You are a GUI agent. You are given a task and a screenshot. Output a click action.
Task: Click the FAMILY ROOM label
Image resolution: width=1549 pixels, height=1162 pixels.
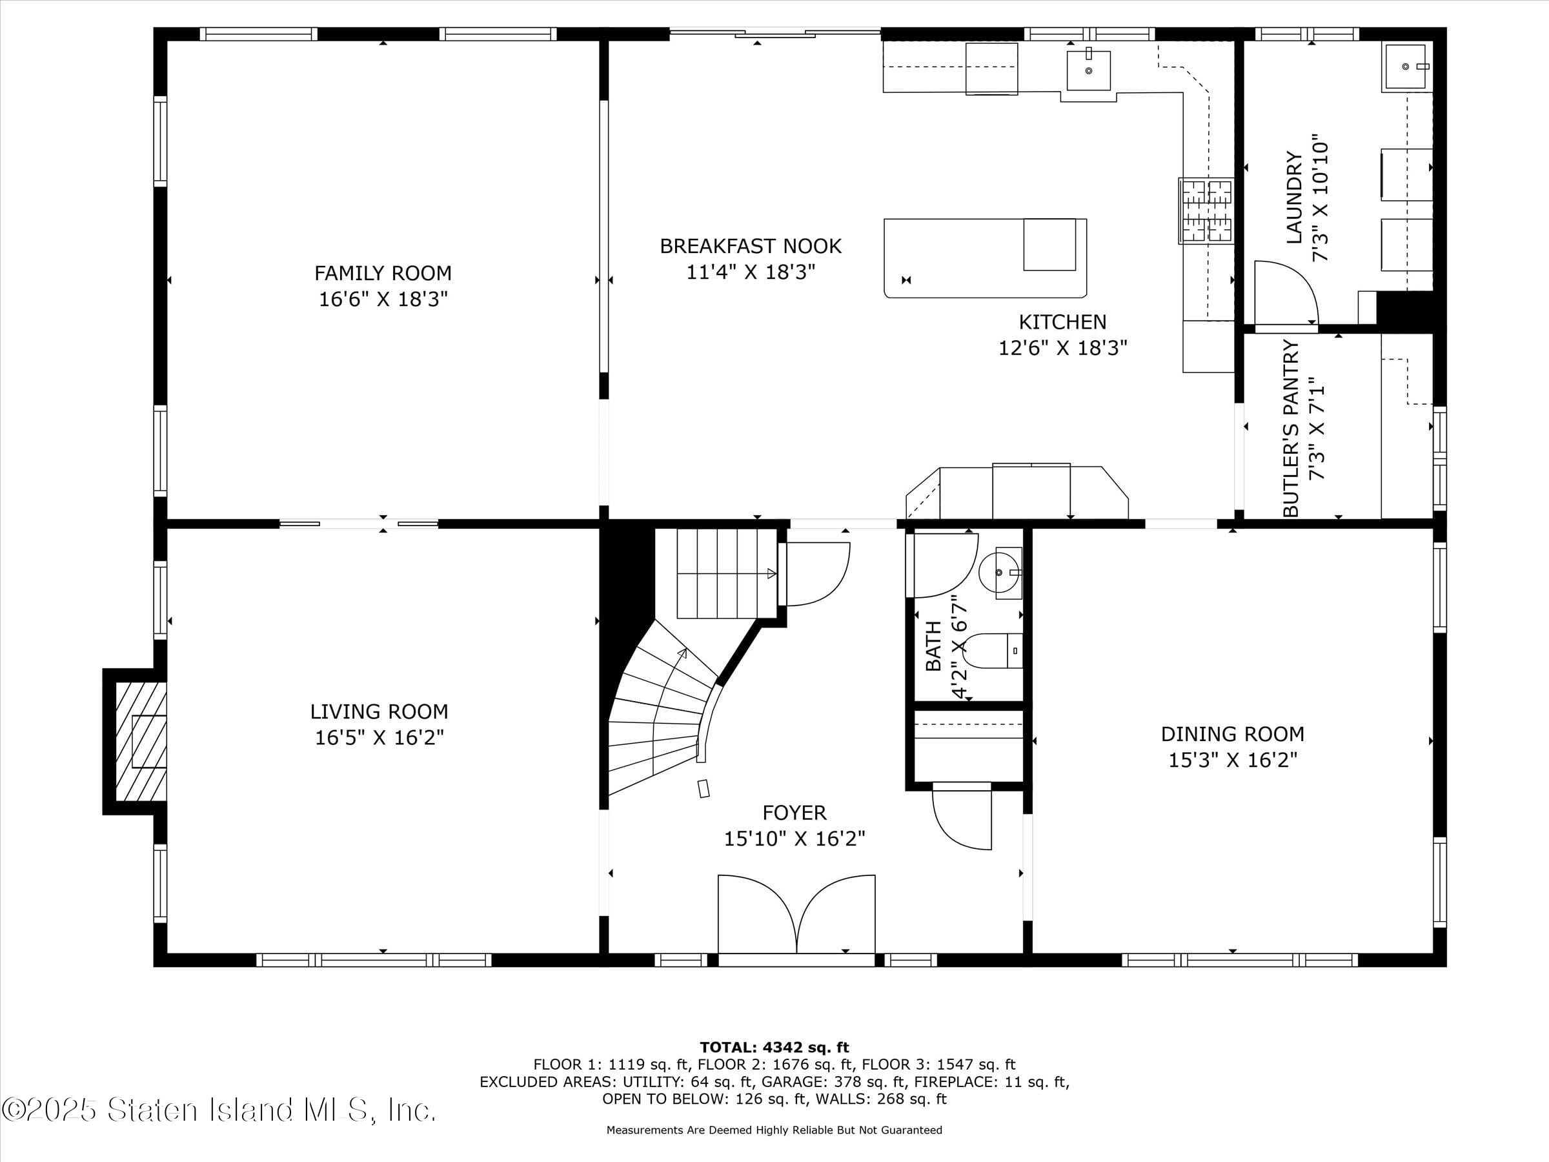pyautogui.click(x=382, y=273)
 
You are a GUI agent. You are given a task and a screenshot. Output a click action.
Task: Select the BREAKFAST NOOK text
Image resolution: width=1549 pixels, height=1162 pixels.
pyautogui.click(x=750, y=247)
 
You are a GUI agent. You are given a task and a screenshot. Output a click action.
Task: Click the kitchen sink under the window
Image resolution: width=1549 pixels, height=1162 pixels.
pyautogui.click(x=1088, y=70)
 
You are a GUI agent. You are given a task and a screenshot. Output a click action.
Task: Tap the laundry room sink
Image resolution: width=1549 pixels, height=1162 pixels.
pyautogui.click(x=1404, y=66)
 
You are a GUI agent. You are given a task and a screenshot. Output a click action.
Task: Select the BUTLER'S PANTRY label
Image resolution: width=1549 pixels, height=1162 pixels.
pyautogui.click(x=1291, y=429)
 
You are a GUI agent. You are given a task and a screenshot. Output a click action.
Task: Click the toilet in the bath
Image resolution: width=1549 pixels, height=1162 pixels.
pyautogui.click(x=995, y=651)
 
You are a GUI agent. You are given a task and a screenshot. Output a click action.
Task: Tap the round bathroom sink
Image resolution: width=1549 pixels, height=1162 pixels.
pyautogui.click(x=998, y=572)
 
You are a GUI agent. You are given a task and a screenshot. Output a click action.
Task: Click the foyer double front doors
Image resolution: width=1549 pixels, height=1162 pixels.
pyautogui.click(x=796, y=914)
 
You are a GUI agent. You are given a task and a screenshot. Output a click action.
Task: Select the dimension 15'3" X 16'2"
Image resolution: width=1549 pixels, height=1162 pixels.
pyautogui.click(x=1233, y=760)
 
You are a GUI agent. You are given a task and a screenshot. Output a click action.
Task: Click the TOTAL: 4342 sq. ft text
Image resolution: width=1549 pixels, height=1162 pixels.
pyautogui.click(x=774, y=1048)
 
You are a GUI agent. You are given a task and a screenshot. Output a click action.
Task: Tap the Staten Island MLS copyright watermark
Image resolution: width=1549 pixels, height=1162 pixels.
pyautogui.click(x=219, y=1110)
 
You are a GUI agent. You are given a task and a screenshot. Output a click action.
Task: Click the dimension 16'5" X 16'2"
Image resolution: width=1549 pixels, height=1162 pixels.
pyautogui.click(x=379, y=737)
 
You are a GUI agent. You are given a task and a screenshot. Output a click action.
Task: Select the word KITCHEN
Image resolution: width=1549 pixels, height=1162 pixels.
pyautogui.click(x=1062, y=322)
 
